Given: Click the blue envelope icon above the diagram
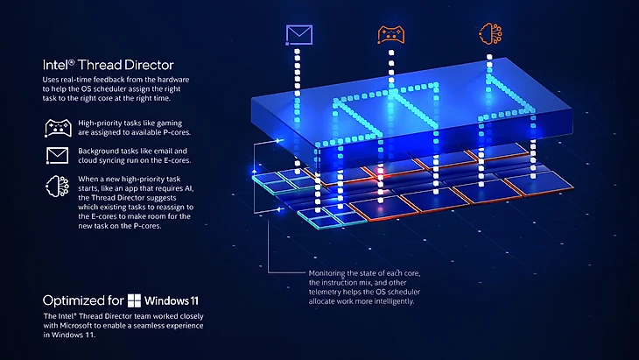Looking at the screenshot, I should [299, 34].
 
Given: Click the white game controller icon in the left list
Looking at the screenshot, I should [56, 128].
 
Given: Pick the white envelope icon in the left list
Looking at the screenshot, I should [56, 156].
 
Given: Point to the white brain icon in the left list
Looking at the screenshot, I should [56, 187].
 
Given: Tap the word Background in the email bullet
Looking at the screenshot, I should [102, 152].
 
